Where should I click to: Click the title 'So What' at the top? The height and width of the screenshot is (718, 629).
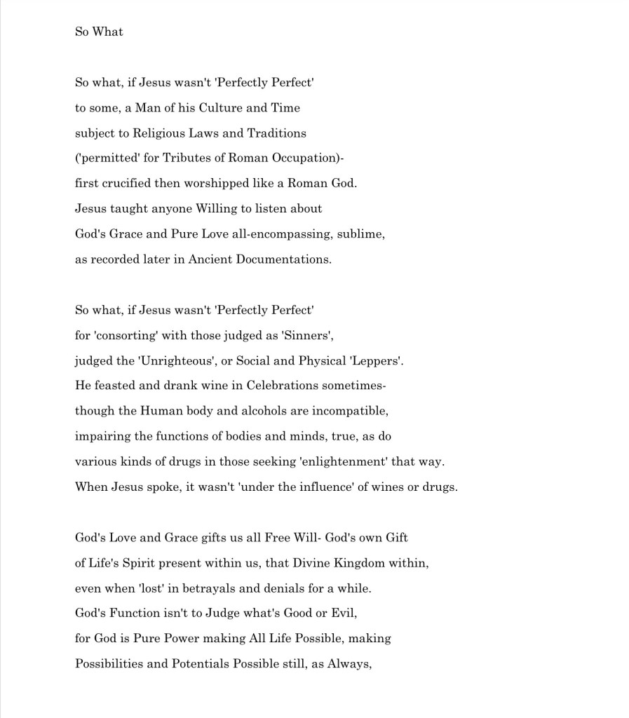pyautogui.click(x=99, y=32)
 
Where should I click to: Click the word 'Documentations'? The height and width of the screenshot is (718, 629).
pyautogui.click(x=285, y=259)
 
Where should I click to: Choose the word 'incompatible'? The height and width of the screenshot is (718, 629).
pyautogui.click(x=350, y=411)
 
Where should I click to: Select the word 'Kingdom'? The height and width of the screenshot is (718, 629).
pyautogui.click(x=394, y=562)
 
